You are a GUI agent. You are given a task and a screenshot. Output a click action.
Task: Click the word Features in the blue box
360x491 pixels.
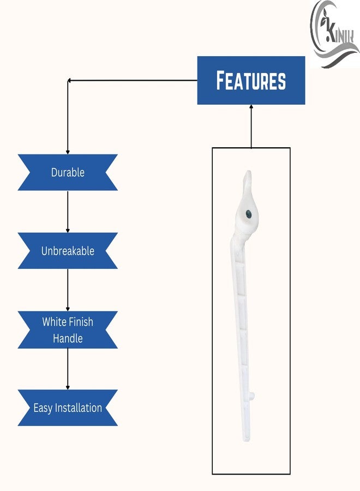(251, 81)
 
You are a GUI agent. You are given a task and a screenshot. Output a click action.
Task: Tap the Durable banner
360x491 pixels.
(68, 172)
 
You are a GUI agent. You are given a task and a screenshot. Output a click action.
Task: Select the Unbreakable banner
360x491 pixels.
(68, 251)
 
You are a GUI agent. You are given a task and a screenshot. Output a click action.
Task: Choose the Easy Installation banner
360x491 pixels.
(68, 408)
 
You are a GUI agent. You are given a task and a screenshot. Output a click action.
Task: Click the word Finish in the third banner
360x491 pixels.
(80, 321)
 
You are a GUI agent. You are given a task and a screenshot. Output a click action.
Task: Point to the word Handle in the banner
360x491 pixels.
(68, 338)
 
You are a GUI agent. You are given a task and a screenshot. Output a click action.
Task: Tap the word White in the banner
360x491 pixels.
(53, 321)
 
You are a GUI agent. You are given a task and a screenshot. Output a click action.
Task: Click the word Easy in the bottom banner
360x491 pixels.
(43, 408)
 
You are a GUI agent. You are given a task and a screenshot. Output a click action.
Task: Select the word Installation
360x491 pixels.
(78, 408)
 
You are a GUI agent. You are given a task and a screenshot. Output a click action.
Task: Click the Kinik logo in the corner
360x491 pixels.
(335, 34)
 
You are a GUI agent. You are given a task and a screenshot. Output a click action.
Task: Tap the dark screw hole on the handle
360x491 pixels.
(249, 214)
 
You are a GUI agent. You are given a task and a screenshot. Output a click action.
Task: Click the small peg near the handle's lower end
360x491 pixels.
(253, 396)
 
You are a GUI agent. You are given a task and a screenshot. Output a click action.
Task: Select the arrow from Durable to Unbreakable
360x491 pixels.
(68, 212)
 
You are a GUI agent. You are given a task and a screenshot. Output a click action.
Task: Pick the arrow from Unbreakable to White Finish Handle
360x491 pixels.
(68, 290)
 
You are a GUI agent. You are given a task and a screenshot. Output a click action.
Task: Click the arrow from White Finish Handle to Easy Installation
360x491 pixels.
(68, 369)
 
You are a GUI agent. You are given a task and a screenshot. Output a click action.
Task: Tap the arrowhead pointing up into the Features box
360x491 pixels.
(251, 107)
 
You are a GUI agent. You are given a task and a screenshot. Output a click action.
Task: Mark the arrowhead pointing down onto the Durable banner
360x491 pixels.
(68, 152)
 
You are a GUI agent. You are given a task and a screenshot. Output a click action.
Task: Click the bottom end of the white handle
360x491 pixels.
(247, 440)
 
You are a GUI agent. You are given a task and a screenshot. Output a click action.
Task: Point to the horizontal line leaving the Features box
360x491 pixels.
(133, 81)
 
